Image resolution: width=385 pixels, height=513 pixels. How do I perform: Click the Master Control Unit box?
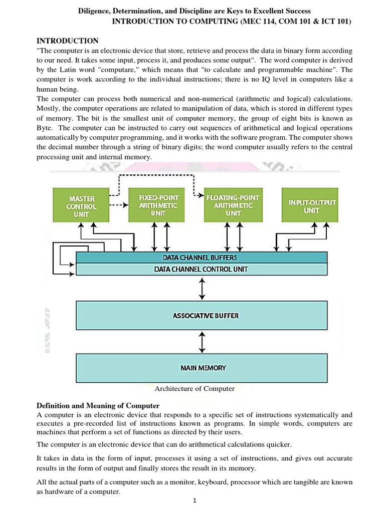(81, 205)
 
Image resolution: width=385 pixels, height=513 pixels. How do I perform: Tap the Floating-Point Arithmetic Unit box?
(233, 205)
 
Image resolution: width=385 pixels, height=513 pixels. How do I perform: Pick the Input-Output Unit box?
(310, 205)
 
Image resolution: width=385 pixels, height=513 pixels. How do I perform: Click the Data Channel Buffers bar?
(201, 258)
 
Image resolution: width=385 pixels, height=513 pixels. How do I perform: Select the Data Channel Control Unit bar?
(201, 269)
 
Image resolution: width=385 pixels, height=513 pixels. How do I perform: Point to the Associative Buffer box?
(201, 316)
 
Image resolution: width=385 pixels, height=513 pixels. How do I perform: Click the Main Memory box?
(201, 368)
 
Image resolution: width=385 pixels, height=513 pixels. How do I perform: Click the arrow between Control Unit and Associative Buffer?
(202, 289)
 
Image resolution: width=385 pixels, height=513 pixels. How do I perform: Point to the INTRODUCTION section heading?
(68, 41)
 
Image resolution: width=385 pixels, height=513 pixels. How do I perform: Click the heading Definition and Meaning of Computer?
(98, 405)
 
